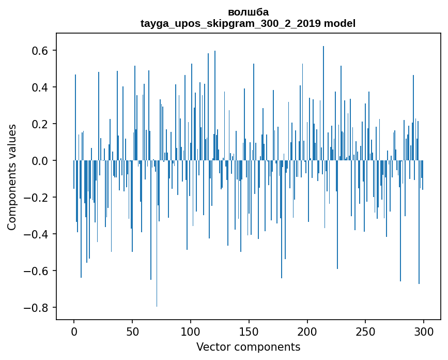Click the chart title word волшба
[x=248, y=12]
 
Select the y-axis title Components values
[x=12, y=177]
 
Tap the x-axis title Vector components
[x=248, y=347]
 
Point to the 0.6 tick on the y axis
[x=40, y=51]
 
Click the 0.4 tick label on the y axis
[x=40, y=87]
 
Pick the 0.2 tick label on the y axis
[x=40, y=124]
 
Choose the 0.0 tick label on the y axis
[x=40, y=161]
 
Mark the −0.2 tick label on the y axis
[x=37, y=198]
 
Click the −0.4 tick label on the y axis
[x=37, y=234]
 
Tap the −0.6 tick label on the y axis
[x=37, y=271]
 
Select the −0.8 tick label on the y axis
[x=37, y=308]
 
